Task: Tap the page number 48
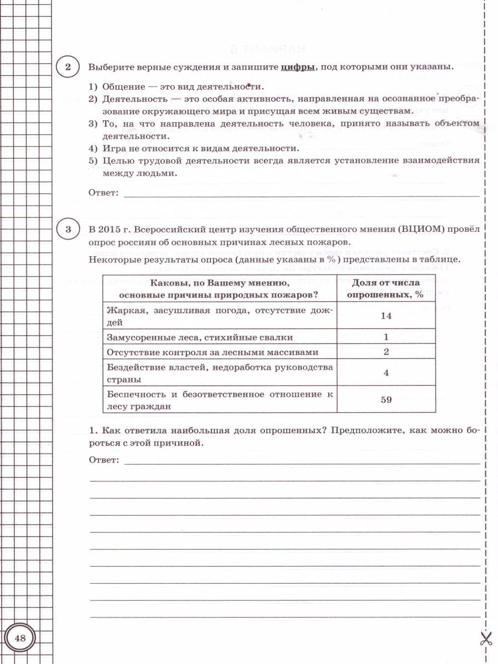pos(20,639)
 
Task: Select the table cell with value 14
pos(386,315)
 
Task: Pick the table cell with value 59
pos(386,400)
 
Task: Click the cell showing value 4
pos(386,373)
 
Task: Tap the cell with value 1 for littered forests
pos(386,337)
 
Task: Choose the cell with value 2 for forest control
pos(386,352)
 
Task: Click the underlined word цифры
pos(298,68)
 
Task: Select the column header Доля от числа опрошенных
pos(386,289)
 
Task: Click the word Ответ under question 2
pos(103,193)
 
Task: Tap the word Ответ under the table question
pos(103,460)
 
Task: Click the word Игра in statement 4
pos(113,148)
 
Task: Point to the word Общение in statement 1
pos(123,87)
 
